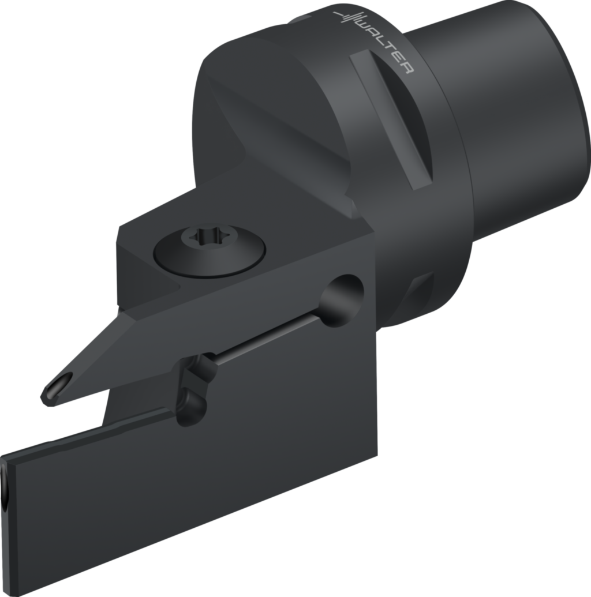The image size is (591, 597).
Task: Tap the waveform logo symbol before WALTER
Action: tap(347, 17)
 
